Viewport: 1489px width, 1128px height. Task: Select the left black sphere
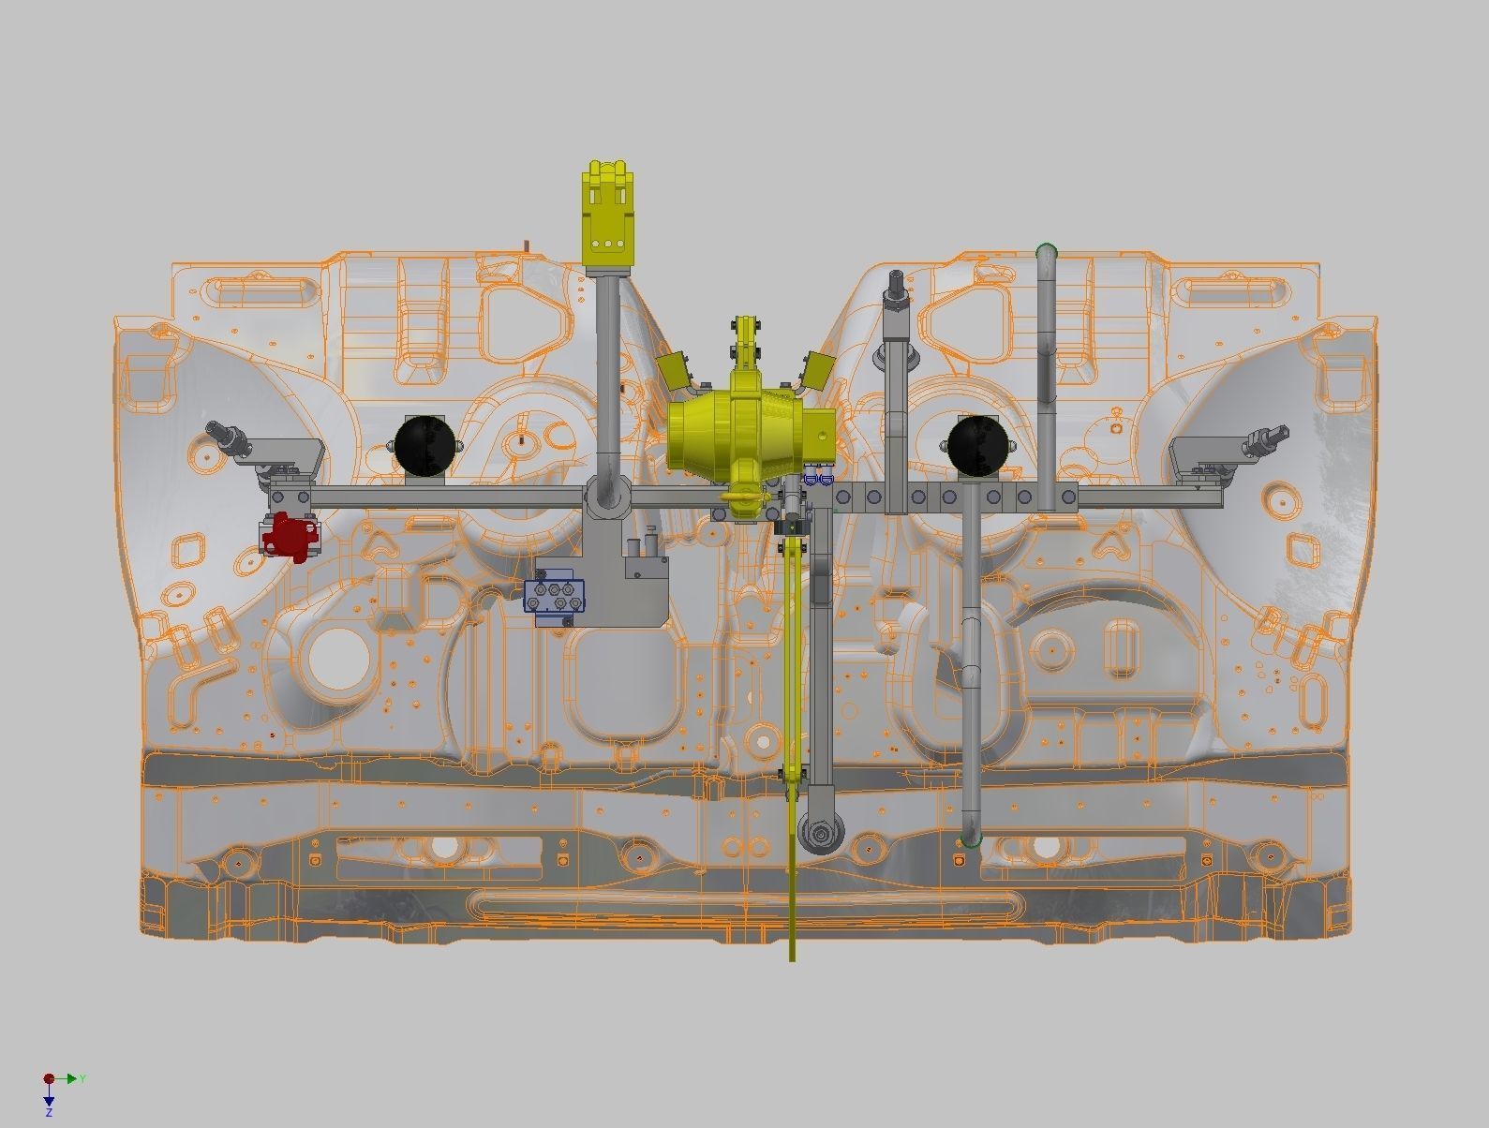pyautogui.click(x=424, y=444)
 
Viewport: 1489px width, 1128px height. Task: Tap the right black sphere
pyautogui.click(x=978, y=444)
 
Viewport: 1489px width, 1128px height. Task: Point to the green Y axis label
pyautogui.click(x=82, y=1079)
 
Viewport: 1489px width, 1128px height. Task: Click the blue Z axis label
pyautogui.click(x=49, y=1112)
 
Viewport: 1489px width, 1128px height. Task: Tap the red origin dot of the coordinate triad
pyautogui.click(x=49, y=1079)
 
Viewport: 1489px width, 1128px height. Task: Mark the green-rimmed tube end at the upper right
pyautogui.click(x=1047, y=251)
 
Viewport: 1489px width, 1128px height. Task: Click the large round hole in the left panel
pyautogui.click(x=335, y=658)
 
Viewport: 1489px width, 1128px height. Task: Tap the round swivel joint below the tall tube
pyautogui.click(x=607, y=494)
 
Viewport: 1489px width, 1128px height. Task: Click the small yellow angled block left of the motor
pyautogui.click(x=676, y=371)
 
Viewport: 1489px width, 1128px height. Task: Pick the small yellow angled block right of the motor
pyautogui.click(x=816, y=368)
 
